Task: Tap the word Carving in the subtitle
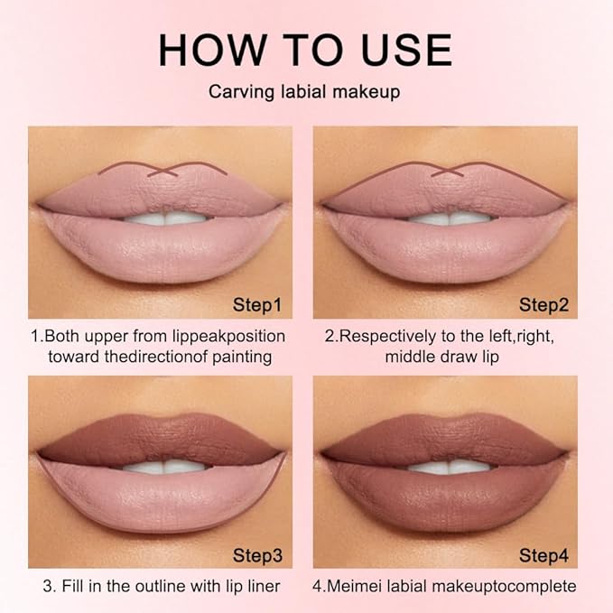point(240,91)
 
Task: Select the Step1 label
point(256,305)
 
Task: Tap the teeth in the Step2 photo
point(448,218)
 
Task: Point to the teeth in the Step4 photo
point(448,467)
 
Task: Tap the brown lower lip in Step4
point(448,502)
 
